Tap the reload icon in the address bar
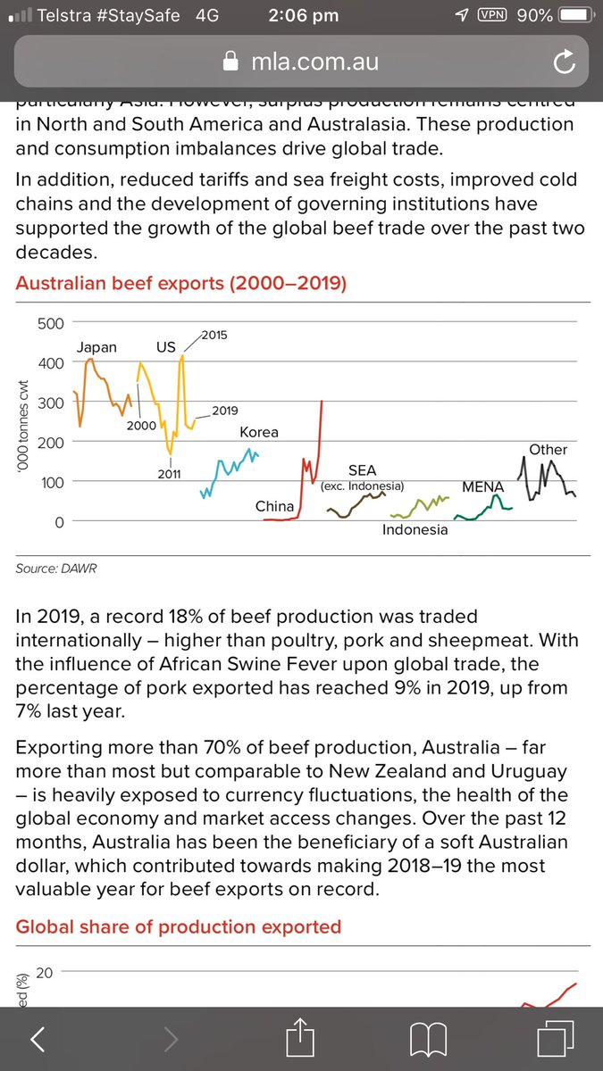click(x=563, y=62)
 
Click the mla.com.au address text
click(x=314, y=62)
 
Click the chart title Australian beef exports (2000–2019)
click(x=181, y=284)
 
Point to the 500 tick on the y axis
click(x=50, y=323)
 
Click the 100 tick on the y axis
click(x=50, y=482)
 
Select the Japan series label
click(x=96, y=347)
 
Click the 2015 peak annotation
click(x=214, y=335)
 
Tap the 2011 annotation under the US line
click(x=170, y=473)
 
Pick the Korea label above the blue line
click(x=259, y=432)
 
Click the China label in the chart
click(x=274, y=506)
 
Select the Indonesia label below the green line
click(x=415, y=530)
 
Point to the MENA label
click(x=483, y=487)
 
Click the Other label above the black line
click(x=548, y=450)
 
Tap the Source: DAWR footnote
click(x=56, y=568)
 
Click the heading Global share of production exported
click(x=179, y=926)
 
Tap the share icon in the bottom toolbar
click(x=301, y=1037)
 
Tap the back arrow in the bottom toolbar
click(x=38, y=1038)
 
